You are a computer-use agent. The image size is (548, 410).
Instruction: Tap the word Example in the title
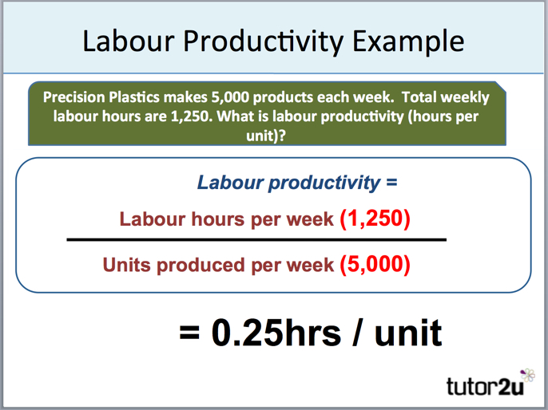click(411, 41)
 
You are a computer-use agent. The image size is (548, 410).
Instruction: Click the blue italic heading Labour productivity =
click(297, 183)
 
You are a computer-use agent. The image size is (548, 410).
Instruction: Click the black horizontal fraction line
click(256, 239)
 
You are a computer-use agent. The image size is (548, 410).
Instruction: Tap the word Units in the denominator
click(125, 266)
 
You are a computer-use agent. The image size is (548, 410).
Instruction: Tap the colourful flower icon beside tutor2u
click(526, 375)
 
